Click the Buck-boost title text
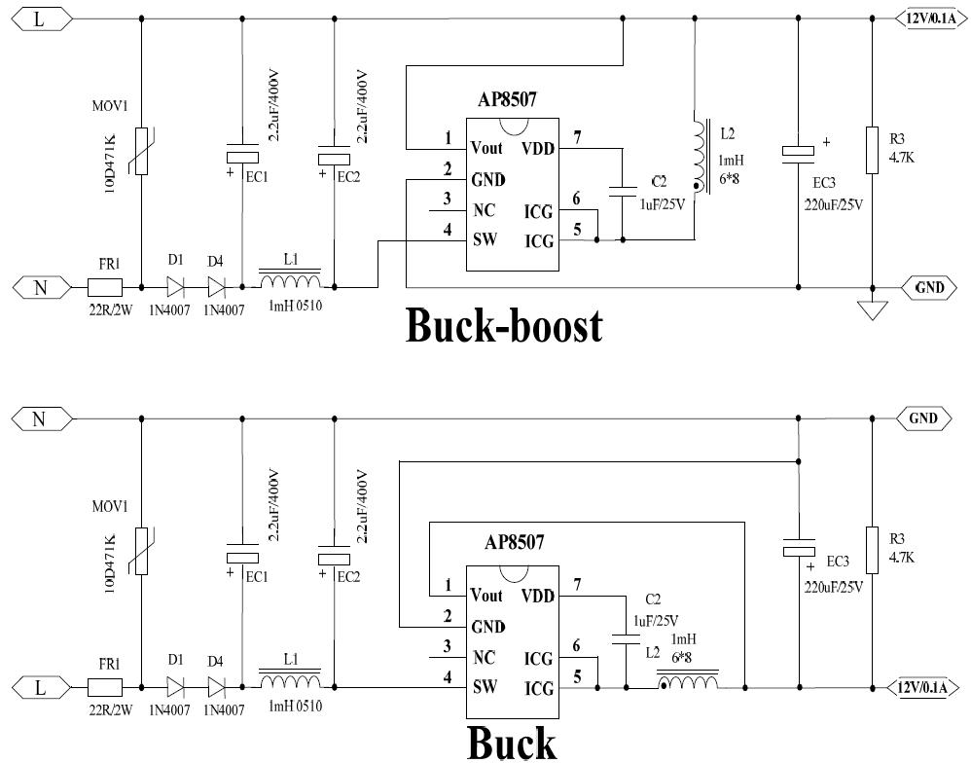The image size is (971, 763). click(x=503, y=327)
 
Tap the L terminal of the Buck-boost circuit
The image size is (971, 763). click(x=39, y=18)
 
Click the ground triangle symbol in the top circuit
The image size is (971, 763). click(x=873, y=310)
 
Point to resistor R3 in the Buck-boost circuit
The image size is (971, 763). click(x=873, y=147)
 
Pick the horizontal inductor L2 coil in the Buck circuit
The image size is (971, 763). click(x=690, y=684)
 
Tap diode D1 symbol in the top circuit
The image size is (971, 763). click(x=175, y=287)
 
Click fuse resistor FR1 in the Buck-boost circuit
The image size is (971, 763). click(x=104, y=287)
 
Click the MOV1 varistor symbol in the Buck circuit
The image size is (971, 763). click(x=142, y=551)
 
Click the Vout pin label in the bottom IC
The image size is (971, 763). click(x=486, y=595)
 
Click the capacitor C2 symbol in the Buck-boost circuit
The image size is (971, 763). click(x=621, y=192)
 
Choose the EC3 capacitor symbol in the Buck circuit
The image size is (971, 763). click(x=798, y=551)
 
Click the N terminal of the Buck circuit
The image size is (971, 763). click(x=39, y=418)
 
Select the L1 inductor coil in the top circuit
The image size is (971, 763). click(x=289, y=282)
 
